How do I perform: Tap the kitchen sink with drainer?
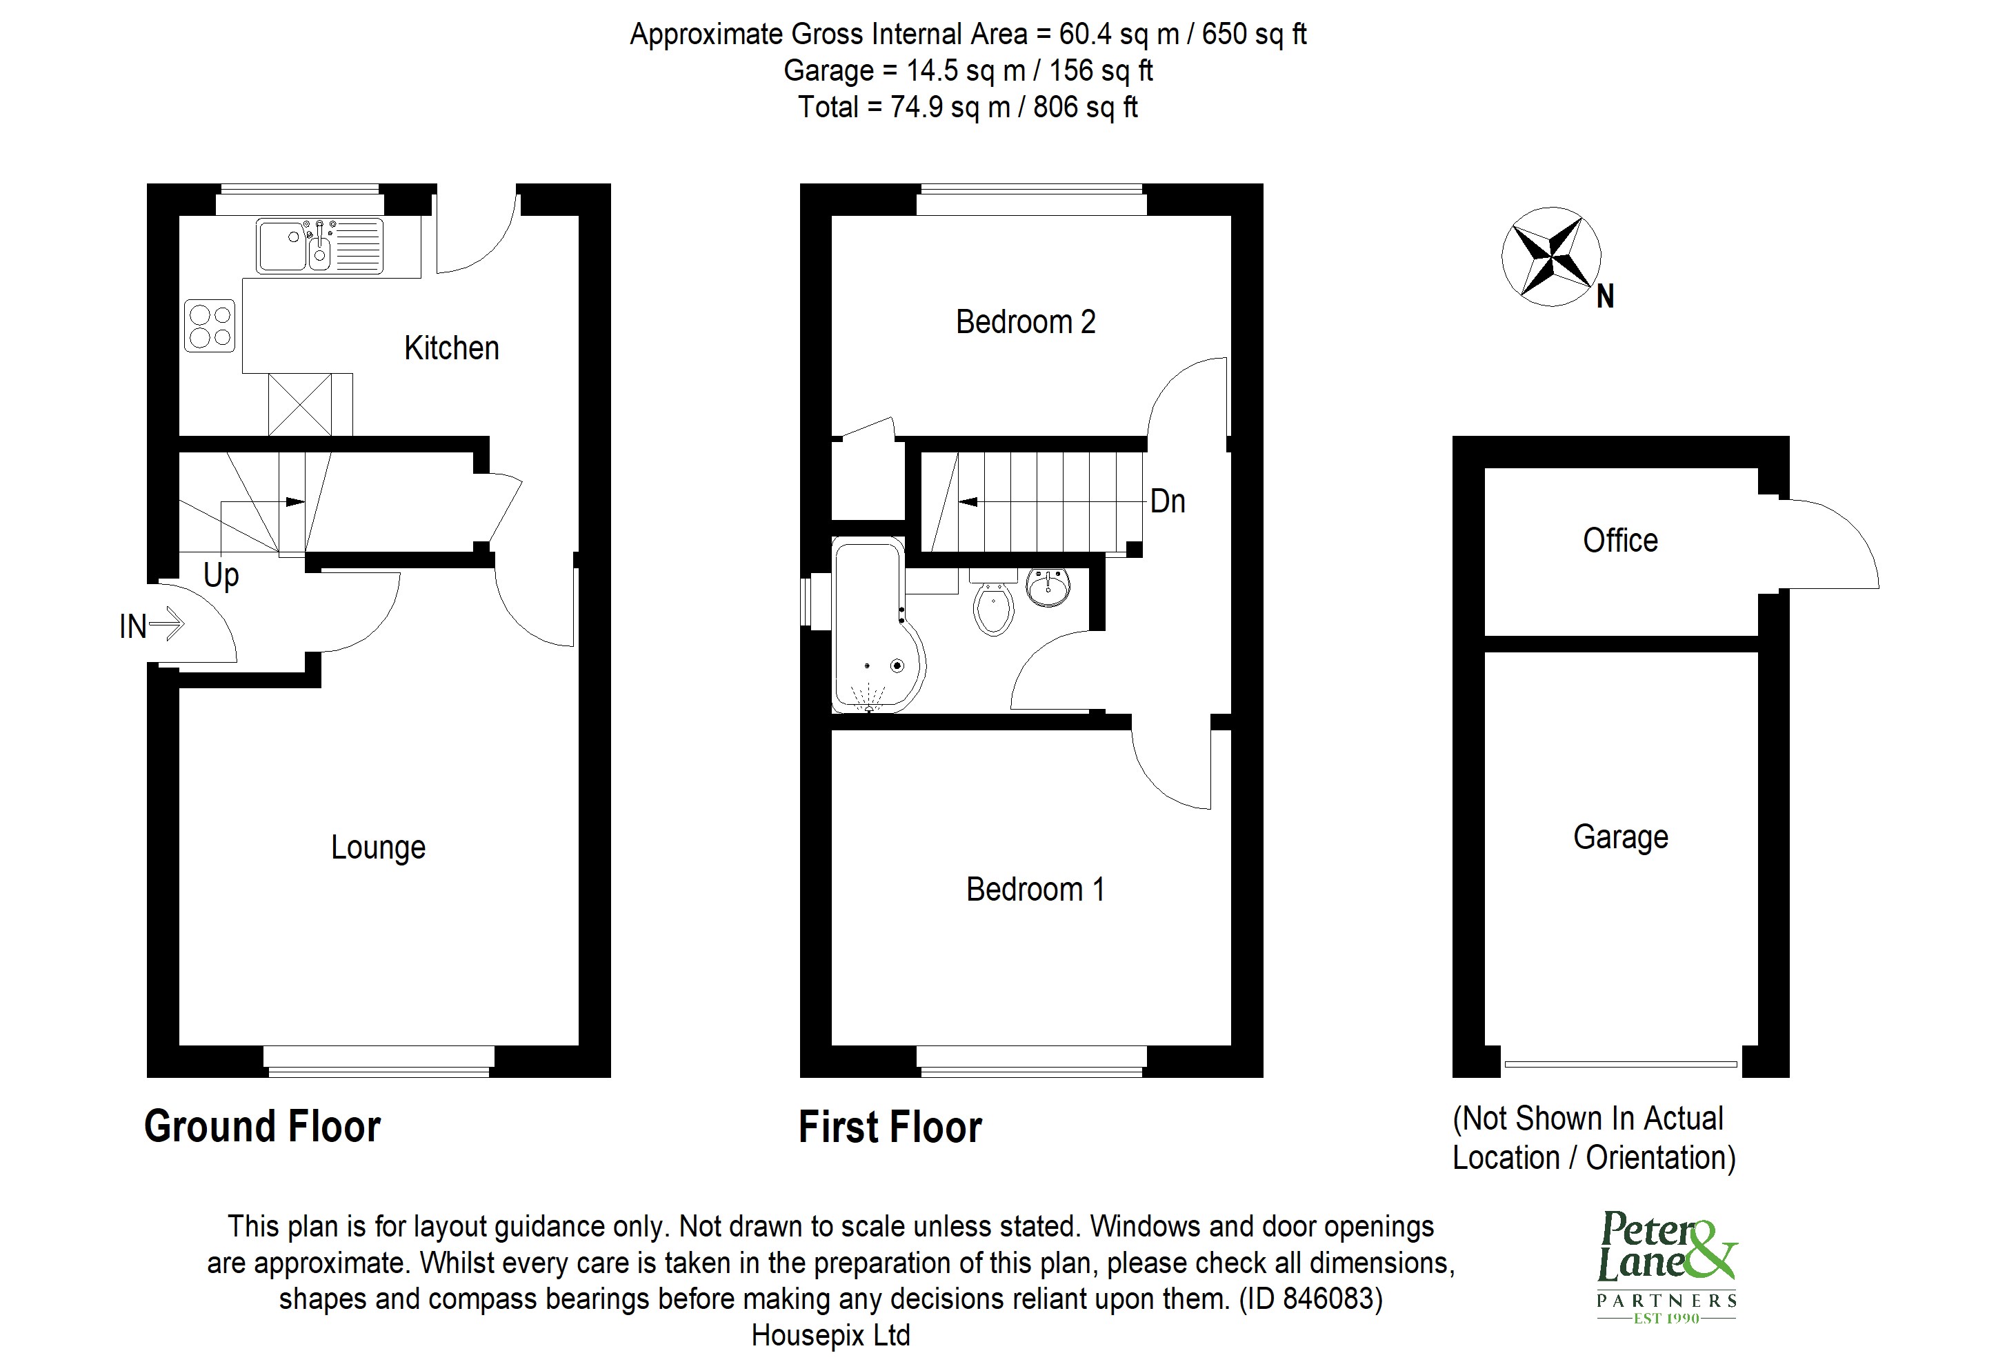319,246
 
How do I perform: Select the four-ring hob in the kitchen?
210,326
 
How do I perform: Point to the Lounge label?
378,848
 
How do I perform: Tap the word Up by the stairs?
221,574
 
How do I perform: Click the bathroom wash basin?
1047,588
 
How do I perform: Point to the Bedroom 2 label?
1026,322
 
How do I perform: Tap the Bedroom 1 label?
1035,890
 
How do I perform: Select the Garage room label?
1620,837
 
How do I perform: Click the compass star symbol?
1550,256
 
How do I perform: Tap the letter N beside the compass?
1604,297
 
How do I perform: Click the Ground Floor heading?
262,1127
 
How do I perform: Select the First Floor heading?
890,1128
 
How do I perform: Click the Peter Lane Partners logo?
1666,1267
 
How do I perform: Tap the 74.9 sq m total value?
949,108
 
